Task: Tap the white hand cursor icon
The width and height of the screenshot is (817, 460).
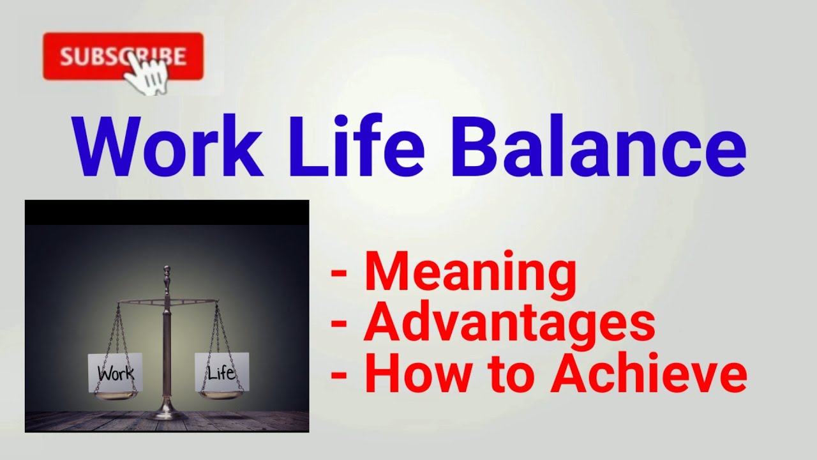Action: click(x=147, y=74)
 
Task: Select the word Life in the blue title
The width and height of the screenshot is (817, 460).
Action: click(x=357, y=149)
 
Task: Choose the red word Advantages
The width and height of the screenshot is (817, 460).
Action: click(x=509, y=323)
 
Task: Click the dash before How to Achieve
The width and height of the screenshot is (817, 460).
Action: click(x=339, y=375)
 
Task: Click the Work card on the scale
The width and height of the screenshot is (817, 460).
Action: click(x=116, y=372)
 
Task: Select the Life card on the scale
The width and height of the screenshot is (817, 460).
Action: click(x=221, y=372)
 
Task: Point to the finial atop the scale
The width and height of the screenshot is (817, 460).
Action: click(x=167, y=273)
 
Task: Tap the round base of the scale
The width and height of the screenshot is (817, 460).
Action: click(x=167, y=414)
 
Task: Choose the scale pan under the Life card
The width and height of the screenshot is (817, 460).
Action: click(x=221, y=395)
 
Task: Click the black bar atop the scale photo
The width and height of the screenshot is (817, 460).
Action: click(x=167, y=212)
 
